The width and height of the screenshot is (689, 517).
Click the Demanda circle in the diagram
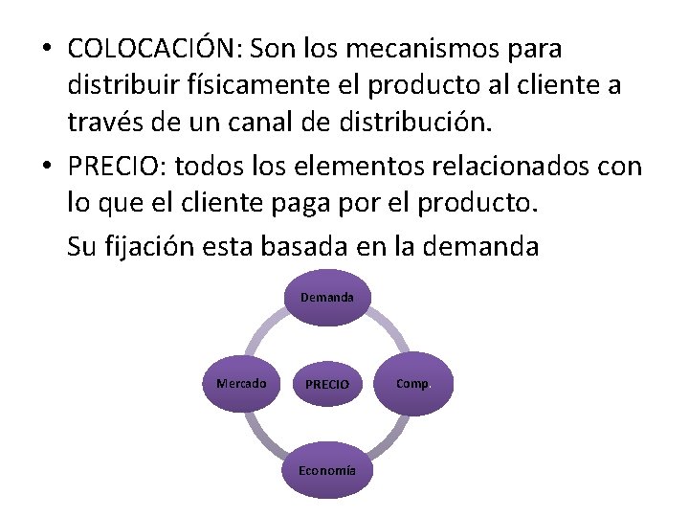327,298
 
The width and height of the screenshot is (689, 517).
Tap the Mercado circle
241,383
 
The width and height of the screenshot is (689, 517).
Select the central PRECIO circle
327,384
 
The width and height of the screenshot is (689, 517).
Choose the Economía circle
327,470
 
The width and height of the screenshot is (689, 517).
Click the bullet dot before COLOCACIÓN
45,49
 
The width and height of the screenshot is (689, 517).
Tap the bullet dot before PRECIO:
45,169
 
